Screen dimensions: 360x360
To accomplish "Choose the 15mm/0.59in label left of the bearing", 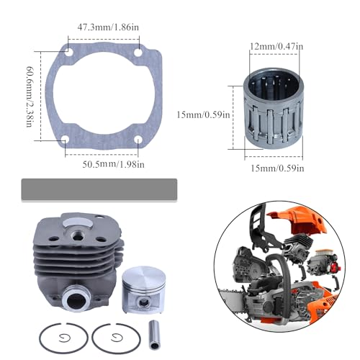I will [x=202, y=113].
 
